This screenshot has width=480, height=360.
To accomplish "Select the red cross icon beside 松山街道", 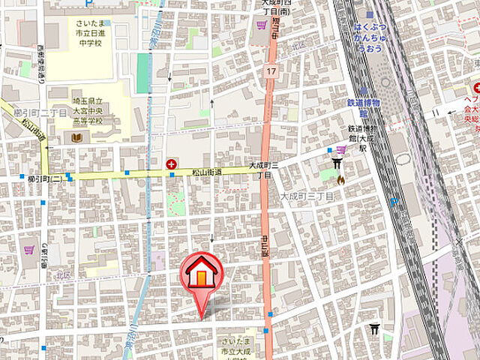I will click(171, 163).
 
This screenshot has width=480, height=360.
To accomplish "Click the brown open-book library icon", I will click(78, 137).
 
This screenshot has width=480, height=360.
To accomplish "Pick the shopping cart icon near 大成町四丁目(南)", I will click(261, 25).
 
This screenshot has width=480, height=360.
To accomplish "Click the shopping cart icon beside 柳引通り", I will click(30, 250).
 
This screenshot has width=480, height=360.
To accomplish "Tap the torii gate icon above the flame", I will click(337, 165).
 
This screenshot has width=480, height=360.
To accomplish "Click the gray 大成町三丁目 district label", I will click(307, 196).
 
